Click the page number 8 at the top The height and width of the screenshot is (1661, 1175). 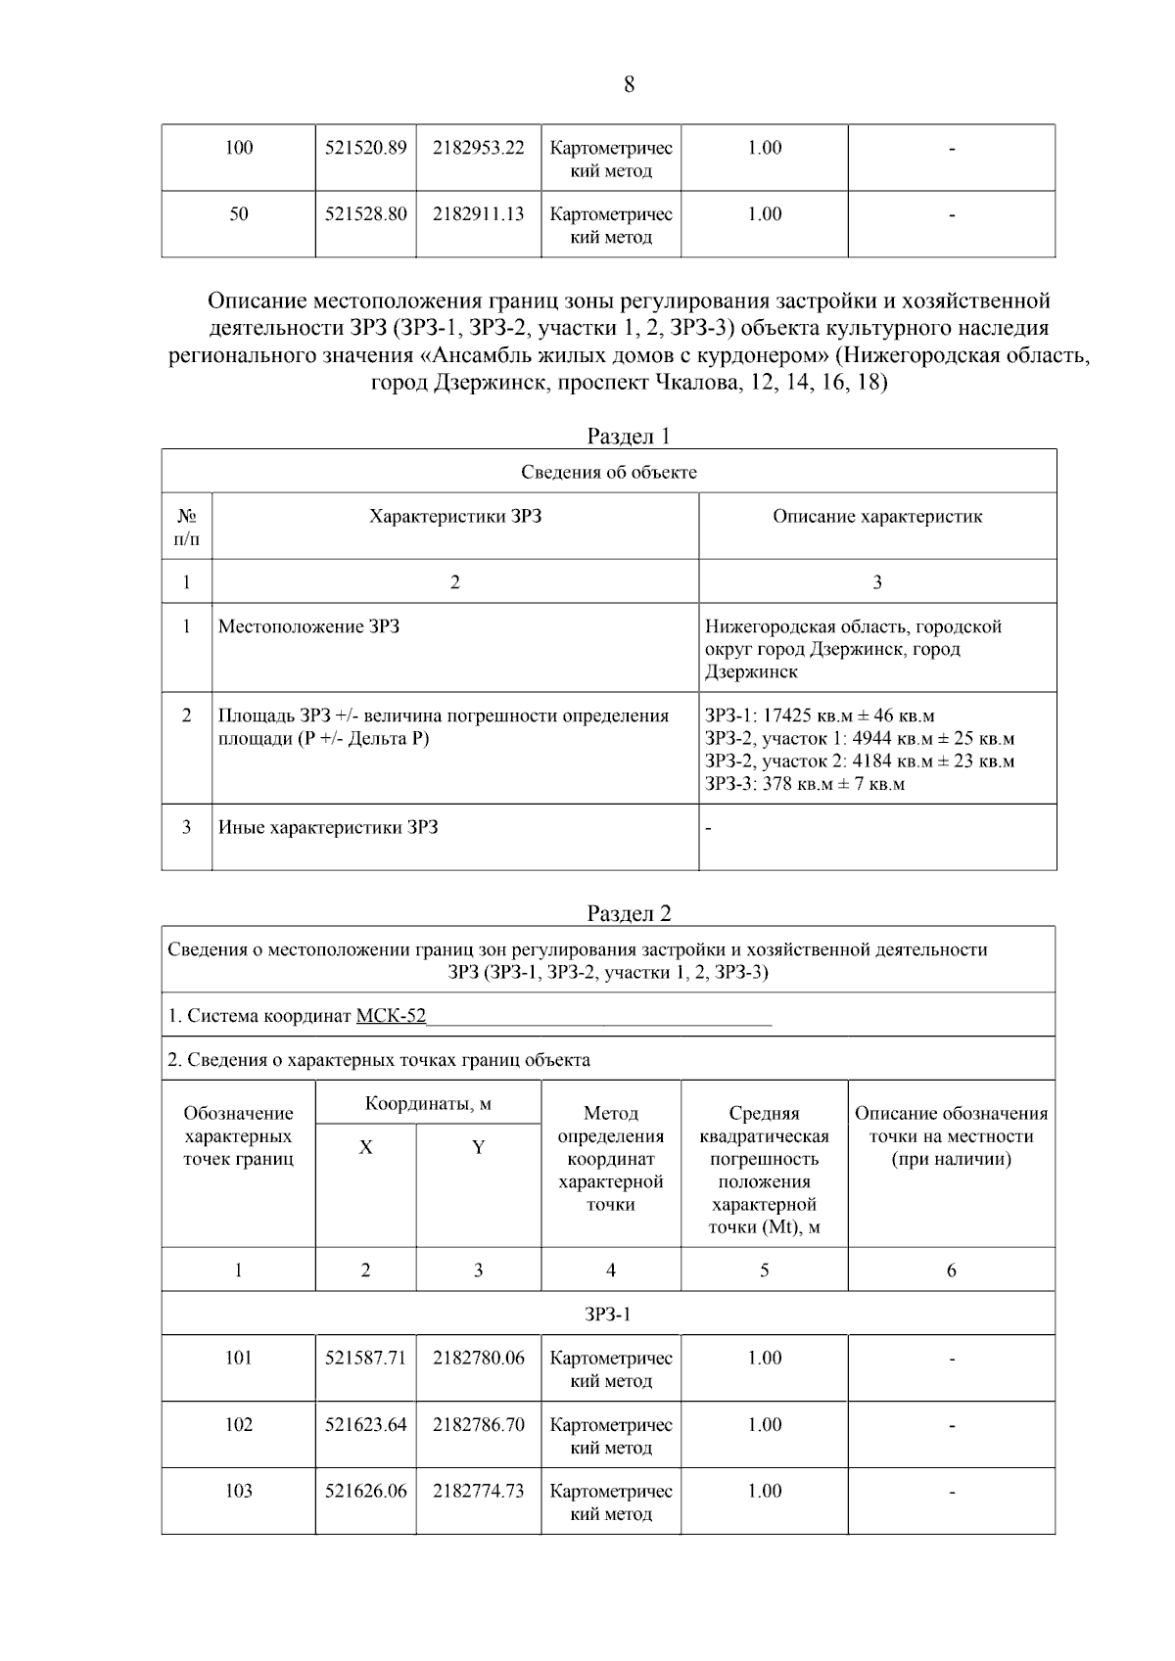point(629,84)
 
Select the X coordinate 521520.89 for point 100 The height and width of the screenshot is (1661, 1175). point(365,148)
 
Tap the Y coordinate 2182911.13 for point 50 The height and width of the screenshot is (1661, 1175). point(478,214)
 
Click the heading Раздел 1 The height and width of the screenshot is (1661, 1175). point(629,436)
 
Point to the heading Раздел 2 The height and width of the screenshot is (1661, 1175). point(629,913)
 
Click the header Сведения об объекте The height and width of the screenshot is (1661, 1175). point(608,473)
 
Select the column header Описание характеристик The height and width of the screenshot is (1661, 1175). point(876,517)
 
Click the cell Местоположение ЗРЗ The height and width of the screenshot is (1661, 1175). point(308,627)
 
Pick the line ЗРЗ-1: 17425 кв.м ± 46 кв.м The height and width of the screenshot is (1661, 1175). point(820,715)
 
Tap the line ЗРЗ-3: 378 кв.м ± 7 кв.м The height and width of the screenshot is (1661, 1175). point(804,784)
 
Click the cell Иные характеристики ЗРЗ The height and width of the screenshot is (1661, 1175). point(328,828)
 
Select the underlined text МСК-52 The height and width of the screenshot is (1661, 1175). point(391,1016)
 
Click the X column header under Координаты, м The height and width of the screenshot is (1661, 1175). point(365,1148)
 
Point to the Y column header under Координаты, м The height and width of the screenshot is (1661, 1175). point(478,1148)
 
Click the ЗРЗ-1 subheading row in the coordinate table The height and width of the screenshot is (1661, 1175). point(608,1315)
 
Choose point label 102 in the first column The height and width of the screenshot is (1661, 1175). point(238,1425)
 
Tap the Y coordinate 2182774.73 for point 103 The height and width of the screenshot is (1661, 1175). point(478,1492)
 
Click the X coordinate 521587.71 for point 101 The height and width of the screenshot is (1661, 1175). point(365,1359)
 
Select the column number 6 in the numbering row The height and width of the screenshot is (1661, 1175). point(951,1271)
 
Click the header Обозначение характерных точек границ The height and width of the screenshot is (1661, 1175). point(238,1136)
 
